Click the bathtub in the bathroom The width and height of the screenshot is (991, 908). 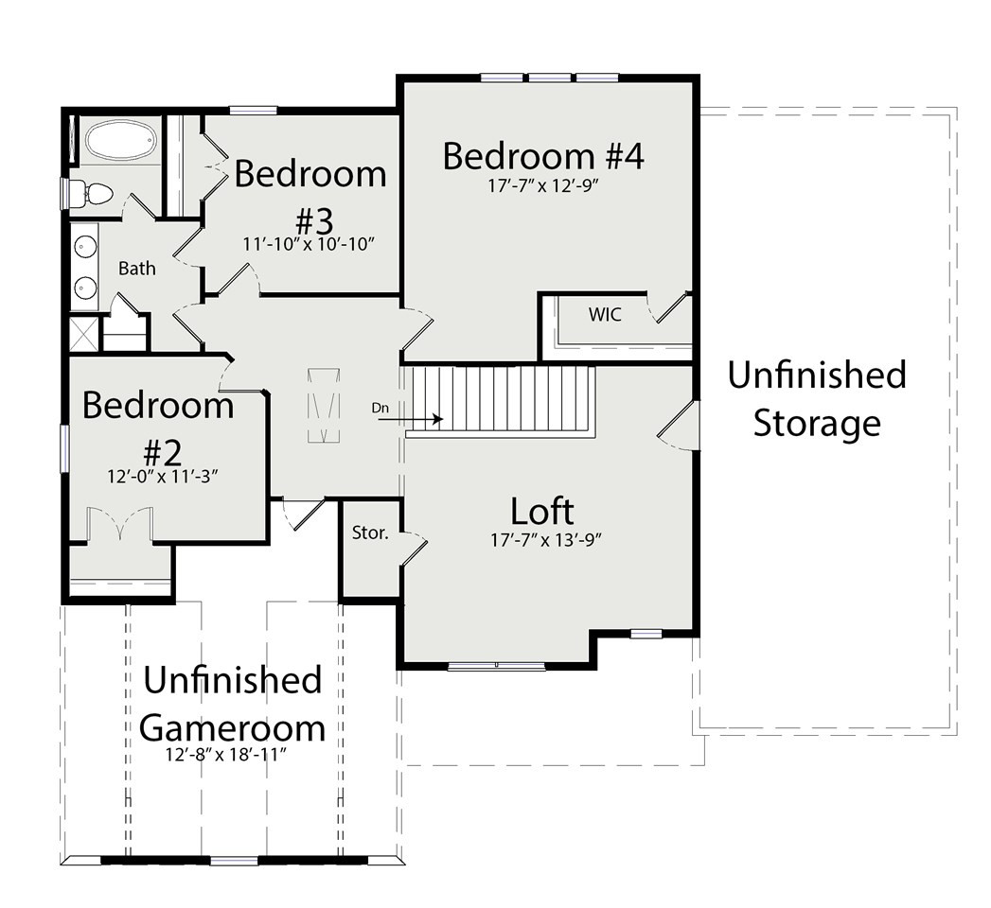pos(120,140)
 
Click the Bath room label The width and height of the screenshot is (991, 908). pos(137,269)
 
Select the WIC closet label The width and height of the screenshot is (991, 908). pos(605,314)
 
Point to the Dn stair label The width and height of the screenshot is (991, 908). pos(380,408)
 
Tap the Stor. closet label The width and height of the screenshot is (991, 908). pos(370,533)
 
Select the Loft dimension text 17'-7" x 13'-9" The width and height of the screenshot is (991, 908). pos(545,540)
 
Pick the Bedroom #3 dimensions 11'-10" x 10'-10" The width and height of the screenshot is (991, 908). pos(310,244)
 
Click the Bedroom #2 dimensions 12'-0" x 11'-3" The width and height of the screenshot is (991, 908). pos(163,476)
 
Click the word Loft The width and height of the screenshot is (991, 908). pos(542,512)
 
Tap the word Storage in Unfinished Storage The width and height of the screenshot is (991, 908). pos(817,424)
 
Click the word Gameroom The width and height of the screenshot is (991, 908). pos(232,728)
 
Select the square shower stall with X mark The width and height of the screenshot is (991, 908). pos(84,334)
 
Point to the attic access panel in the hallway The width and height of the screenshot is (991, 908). pos(324,406)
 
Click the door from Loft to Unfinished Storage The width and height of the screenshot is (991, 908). pos(678,425)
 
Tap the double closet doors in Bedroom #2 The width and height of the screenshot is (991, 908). pos(119,523)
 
